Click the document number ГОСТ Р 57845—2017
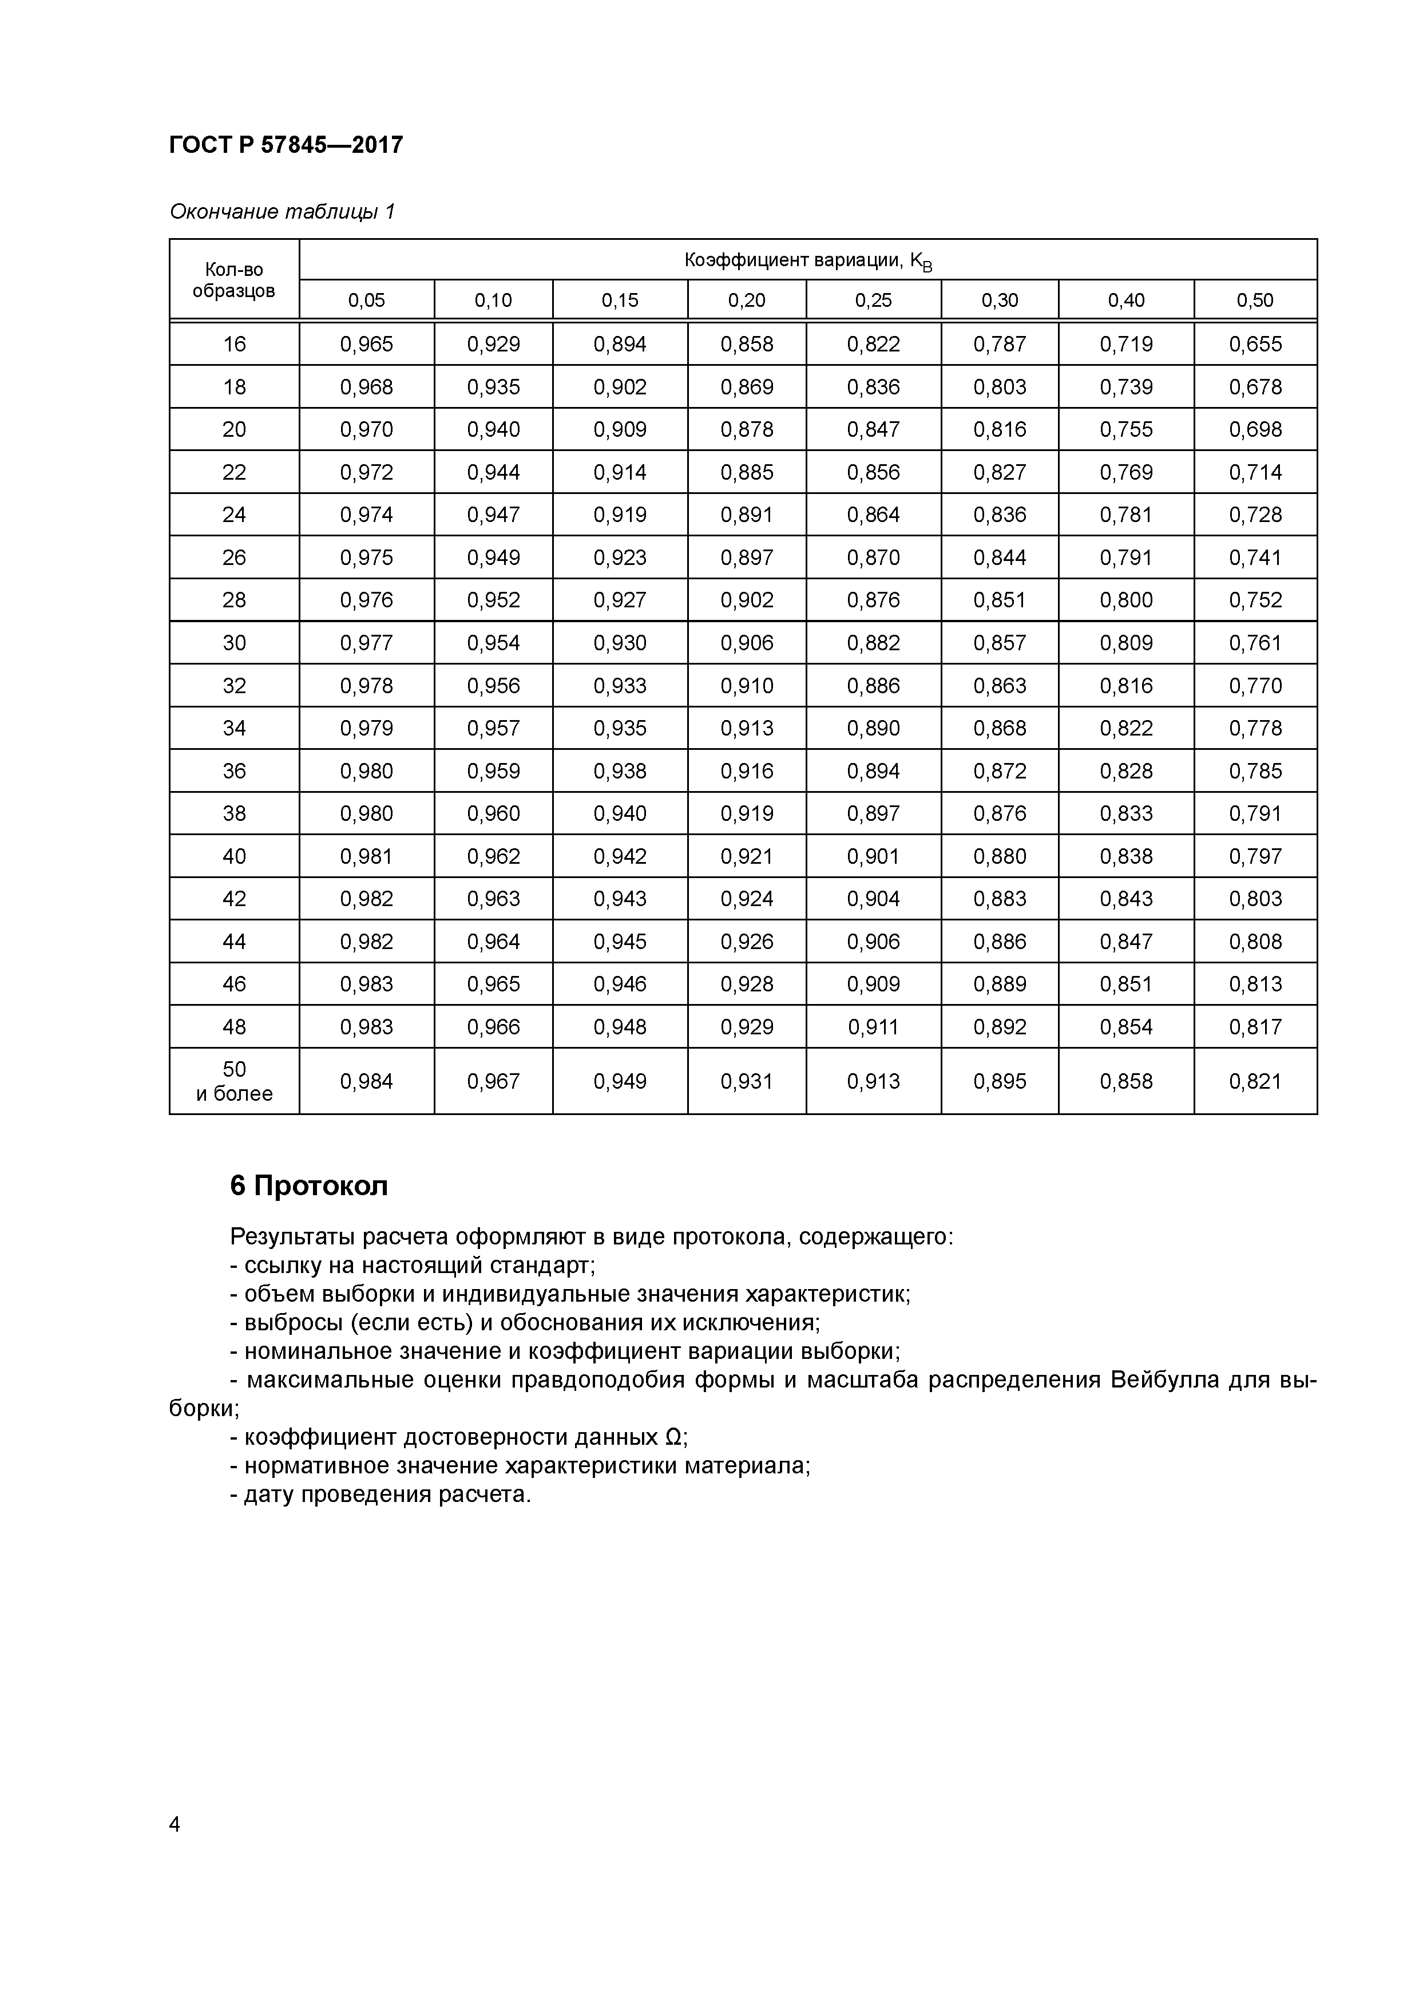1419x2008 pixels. [286, 144]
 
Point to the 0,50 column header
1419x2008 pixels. [1255, 300]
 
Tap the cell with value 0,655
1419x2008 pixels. [1255, 343]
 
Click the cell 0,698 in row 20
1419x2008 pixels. [1255, 429]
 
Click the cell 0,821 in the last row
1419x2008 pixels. [1255, 1081]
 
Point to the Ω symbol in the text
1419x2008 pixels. [673, 1437]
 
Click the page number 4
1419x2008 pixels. [175, 1824]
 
